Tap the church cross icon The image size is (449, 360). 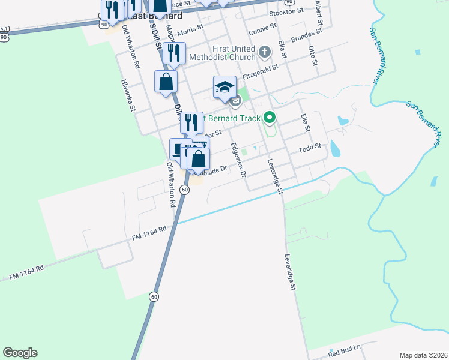coord(264,52)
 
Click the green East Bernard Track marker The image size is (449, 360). coord(270,118)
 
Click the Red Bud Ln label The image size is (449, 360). coord(346,349)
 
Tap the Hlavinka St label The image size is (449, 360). coord(127,95)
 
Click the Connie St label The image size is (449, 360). coord(262,27)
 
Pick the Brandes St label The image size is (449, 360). coord(307,38)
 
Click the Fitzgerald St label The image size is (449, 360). coord(260,70)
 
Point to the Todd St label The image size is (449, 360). coord(311,146)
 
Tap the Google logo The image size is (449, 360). coord(20,353)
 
